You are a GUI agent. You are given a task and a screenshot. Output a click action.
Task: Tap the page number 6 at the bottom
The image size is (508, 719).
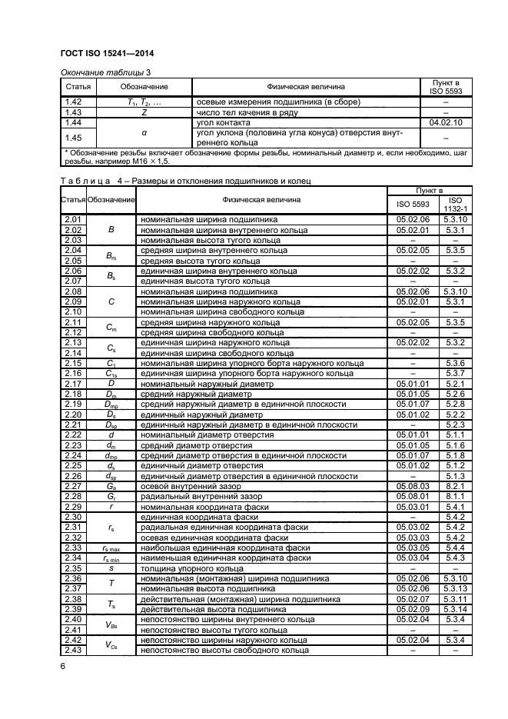click(x=63, y=667)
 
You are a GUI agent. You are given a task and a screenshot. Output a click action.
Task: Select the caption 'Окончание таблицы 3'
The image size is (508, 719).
click(x=99, y=72)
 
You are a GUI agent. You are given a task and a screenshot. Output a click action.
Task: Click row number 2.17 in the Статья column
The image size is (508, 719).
click(x=73, y=383)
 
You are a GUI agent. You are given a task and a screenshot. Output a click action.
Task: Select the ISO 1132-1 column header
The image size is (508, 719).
click(x=452, y=205)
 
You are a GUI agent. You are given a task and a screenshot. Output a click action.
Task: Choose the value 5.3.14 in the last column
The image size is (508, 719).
click(x=452, y=608)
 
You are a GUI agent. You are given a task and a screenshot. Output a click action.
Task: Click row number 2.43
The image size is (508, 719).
click(x=73, y=650)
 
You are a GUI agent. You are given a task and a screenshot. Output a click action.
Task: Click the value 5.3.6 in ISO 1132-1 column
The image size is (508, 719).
click(x=452, y=362)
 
